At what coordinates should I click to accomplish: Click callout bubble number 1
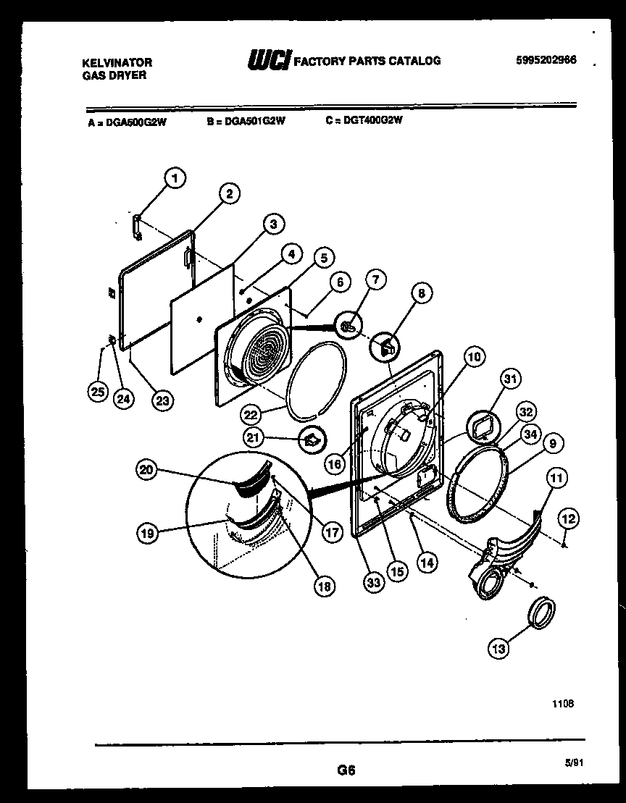click(x=175, y=177)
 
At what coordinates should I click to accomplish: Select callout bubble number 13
click(x=498, y=649)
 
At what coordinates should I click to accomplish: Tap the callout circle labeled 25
click(x=97, y=392)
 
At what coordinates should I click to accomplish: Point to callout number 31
click(x=512, y=379)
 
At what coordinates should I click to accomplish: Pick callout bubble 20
click(x=148, y=470)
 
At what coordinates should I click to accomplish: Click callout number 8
click(x=421, y=293)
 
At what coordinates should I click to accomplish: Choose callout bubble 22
click(x=251, y=413)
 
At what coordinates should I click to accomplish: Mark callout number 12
click(x=568, y=518)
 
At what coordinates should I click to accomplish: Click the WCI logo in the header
click(x=269, y=61)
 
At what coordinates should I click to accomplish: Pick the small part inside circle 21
click(x=312, y=439)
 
